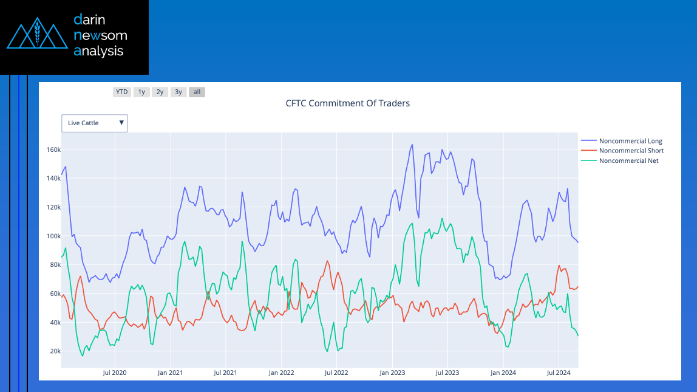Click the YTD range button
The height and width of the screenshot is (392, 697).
coord(122,92)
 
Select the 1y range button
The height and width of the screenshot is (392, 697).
coord(141,92)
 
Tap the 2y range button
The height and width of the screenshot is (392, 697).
coord(160,92)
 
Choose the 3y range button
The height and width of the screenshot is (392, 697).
coord(178,92)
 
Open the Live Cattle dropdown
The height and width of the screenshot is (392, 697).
coord(95,123)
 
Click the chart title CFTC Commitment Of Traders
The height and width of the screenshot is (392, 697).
coord(348,103)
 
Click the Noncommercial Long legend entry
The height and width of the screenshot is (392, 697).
coord(622,141)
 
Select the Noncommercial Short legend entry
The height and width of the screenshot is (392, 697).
coord(622,151)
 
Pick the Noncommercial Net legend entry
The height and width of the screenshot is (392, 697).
coord(620,160)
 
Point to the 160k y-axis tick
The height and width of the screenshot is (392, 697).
coord(53,150)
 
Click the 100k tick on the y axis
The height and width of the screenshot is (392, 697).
coord(53,236)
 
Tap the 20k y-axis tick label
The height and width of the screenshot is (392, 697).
coord(55,351)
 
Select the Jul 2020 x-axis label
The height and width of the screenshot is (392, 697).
coord(115,373)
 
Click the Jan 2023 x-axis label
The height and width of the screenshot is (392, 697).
coord(392,373)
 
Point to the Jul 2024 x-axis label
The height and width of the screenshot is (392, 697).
coord(559,373)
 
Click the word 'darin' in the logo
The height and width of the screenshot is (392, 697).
coord(89,19)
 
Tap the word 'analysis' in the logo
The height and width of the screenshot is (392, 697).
coord(98,51)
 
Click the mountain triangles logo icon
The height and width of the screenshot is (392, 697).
coord(38,33)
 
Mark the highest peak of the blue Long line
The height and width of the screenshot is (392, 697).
coord(412,145)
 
